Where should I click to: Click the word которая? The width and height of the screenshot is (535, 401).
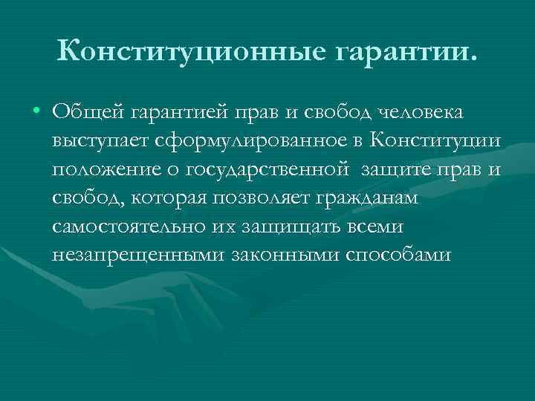pyautogui.click(x=167, y=198)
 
